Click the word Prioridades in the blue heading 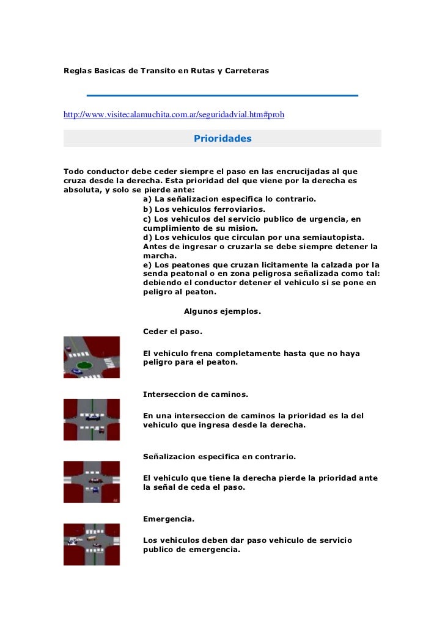coord(223,139)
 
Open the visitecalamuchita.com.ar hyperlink coord(174,114)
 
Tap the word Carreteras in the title coord(247,71)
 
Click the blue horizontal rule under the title coord(223,95)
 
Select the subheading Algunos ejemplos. coord(222,311)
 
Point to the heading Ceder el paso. coord(172,332)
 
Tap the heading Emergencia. coord(169,519)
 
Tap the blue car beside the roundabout coord(76,371)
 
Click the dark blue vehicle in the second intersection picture coord(93,418)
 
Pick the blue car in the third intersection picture coord(95,490)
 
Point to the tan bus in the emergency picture coord(91,539)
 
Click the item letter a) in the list coord(147,199)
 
